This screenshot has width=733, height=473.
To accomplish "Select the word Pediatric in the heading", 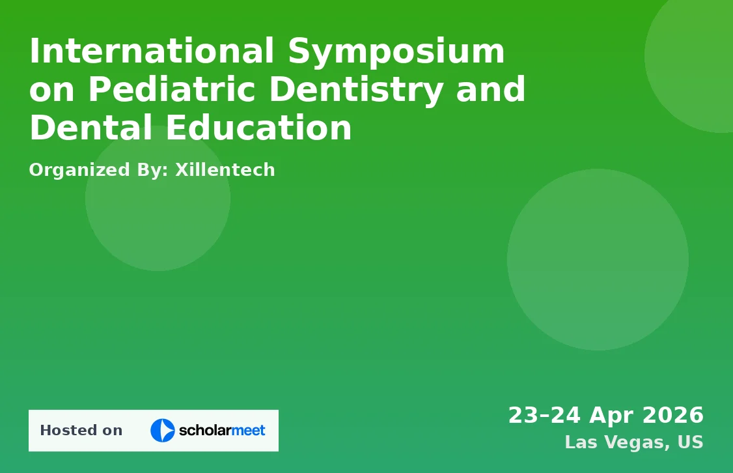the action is [172, 89].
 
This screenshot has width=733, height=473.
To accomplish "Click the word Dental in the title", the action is [90, 127].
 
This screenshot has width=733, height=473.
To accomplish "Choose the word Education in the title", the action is [259, 127].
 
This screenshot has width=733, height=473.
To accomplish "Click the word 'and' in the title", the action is [491, 89].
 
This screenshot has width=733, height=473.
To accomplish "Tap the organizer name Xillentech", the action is [225, 169].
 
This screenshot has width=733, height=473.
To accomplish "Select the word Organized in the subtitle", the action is [79, 171].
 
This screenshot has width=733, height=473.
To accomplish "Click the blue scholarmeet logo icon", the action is [162, 431].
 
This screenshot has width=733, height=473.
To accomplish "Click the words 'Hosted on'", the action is [81, 431].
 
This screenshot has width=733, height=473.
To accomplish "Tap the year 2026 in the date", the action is [673, 415].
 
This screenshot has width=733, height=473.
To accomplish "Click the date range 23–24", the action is [545, 415].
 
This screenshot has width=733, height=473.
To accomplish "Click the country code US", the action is [691, 442].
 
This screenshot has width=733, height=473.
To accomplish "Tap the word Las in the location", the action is [581, 442].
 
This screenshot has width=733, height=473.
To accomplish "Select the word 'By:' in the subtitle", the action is [152, 171].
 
